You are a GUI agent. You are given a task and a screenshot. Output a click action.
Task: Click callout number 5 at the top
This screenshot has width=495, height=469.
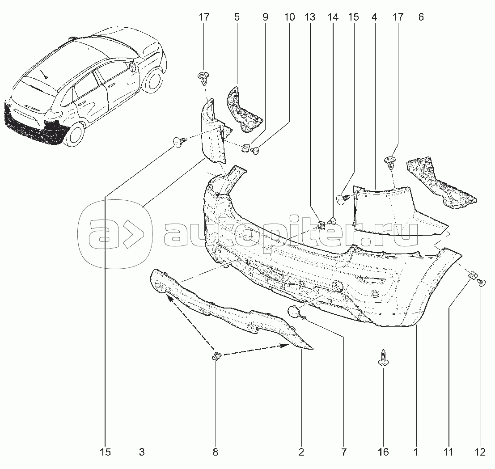pyautogui.click(x=237, y=17)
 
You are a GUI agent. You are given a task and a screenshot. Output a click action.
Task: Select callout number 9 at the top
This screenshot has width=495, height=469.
pyautogui.click(x=265, y=17)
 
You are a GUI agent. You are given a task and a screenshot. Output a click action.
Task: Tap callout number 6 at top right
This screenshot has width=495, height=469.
pyautogui.click(x=421, y=17)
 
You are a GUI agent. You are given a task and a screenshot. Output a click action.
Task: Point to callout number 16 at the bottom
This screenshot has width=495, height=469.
pyautogui.click(x=383, y=452)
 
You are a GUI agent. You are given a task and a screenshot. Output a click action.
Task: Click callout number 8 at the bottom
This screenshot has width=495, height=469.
pyautogui.click(x=215, y=452)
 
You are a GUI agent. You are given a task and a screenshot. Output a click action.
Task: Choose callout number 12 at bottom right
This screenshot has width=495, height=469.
pyautogui.click(x=480, y=452)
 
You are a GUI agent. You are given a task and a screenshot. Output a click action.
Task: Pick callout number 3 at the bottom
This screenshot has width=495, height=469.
pyautogui.click(x=142, y=452)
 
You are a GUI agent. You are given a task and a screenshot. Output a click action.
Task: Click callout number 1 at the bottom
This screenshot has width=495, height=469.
pyautogui.click(x=415, y=452)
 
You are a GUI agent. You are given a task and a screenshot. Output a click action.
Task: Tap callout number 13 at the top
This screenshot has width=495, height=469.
pyautogui.click(x=309, y=17)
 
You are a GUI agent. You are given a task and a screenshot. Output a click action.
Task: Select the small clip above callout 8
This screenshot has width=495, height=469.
pyautogui.click(x=216, y=356)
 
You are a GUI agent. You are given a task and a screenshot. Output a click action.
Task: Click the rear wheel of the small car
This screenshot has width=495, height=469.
pyautogui.click(x=75, y=134)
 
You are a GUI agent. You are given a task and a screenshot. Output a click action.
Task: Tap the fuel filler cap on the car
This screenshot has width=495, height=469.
pyautogui.click(x=133, y=67)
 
